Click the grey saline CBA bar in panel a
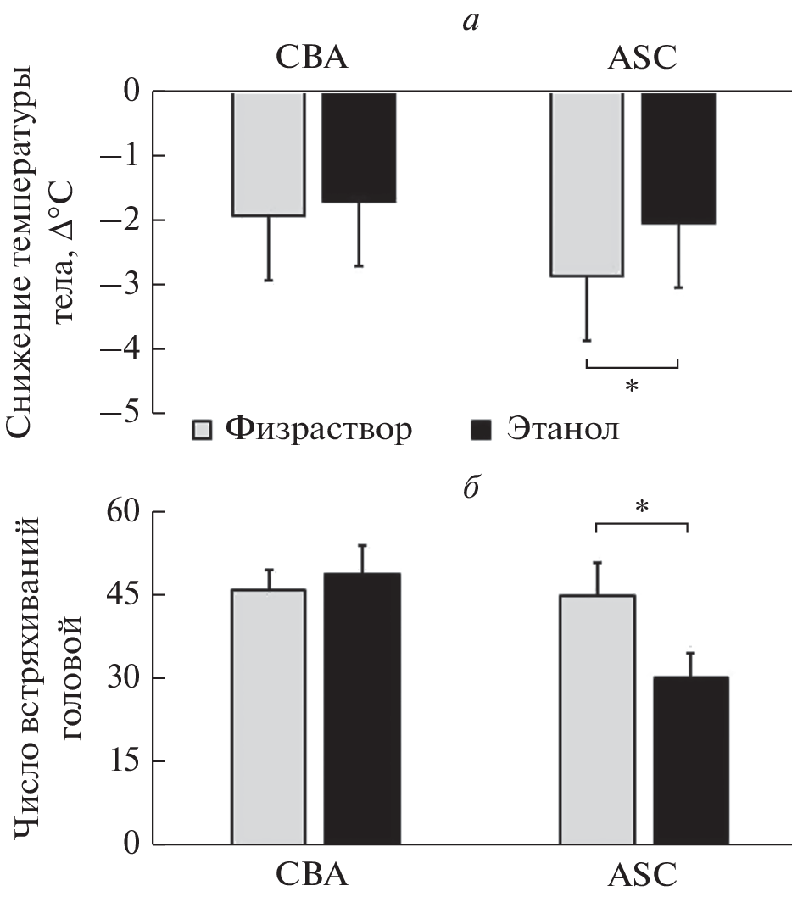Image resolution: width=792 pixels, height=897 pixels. point(269,153)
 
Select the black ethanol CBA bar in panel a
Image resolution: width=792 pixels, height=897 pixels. point(359,147)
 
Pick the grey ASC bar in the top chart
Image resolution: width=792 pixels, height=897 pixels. point(587,184)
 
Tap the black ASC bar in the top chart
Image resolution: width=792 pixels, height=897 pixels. point(678,158)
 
